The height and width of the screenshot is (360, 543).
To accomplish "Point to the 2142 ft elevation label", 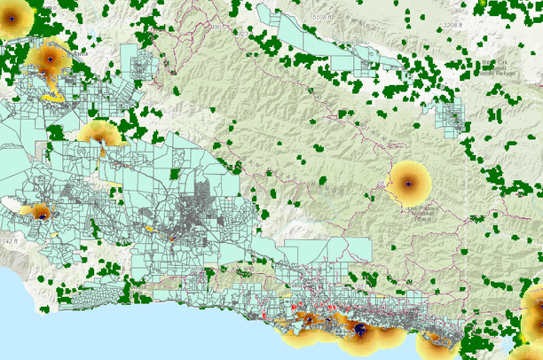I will point(11,240).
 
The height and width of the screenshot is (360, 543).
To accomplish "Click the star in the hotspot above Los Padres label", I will point(408,184).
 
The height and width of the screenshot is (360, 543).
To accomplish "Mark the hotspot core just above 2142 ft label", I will point(40,213).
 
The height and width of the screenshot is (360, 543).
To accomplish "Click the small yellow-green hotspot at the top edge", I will point(479,5).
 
